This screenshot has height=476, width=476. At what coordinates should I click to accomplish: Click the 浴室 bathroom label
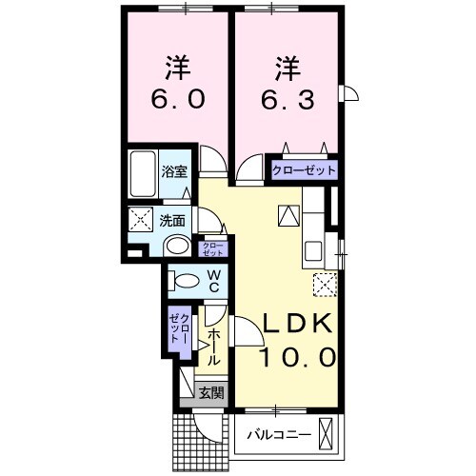pos(173,171)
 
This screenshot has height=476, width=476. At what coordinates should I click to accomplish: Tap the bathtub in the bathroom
pos(144,174)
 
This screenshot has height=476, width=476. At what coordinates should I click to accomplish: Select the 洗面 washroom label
pos(171,219)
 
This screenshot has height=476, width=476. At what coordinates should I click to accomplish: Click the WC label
pos(213,281)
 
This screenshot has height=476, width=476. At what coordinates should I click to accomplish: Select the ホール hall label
pos(214,347)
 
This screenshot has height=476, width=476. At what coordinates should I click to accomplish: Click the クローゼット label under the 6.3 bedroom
pos(305,170)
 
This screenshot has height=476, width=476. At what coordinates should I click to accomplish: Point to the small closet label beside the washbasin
pos(214,249)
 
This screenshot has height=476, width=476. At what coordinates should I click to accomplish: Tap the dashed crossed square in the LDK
pos(325,284)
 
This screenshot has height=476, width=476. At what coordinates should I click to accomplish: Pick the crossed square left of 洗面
pos(141,220)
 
